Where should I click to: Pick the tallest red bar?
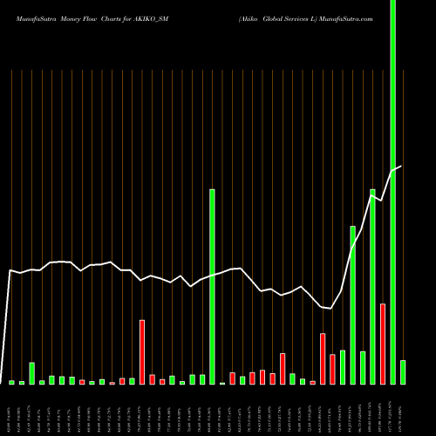pos(383,344)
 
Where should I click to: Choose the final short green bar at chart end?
pos(403,372)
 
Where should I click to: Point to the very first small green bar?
pos(11,382)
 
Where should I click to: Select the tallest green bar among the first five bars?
pos(31,373)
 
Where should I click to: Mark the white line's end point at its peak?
pos(401,166)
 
